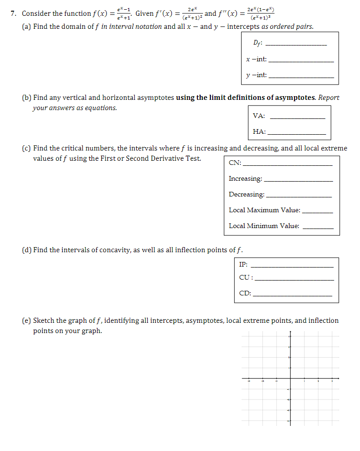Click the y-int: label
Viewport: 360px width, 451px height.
pyautogui.click(x=256, y=75)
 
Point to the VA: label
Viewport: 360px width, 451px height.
pyautogui.click(x=259, y=116)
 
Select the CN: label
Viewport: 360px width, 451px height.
pyautogui.click(x=235, y=163)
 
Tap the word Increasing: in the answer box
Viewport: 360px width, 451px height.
pyautogui.click(x=245, y=179)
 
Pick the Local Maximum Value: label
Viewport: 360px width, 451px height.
pyautogui.click(x=264, y=210)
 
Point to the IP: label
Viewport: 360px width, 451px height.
pyautogui.click(x=243, y=265)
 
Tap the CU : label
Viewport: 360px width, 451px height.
pyautogui.click(x=246, y=278)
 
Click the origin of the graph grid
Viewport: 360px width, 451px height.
pyautogui.click(x=290, y=379)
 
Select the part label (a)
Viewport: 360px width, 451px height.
pyautogui.click(x=27, y=26)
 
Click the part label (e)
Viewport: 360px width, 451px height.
pyautogui.click(x=27, y=320)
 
